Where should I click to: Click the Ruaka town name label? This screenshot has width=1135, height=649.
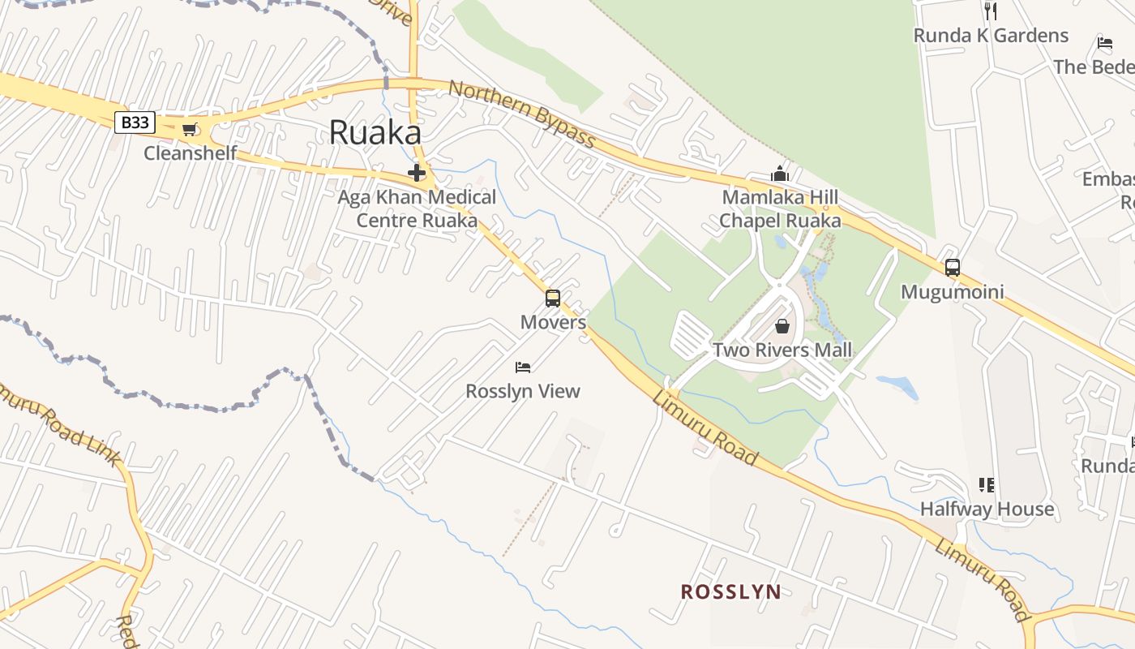pos(375,133)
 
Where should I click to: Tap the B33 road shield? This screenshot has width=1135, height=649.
pos(135,122)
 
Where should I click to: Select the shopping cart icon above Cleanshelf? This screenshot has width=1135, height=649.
pos(190,130)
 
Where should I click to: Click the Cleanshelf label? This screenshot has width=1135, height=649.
pos(191,153)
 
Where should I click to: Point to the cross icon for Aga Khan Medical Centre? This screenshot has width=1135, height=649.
pos(417,173)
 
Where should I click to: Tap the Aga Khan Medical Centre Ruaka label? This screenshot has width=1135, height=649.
pos(417,208)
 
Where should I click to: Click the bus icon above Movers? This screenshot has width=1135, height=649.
pos(553,299)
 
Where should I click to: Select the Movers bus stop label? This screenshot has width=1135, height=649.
pos(553,322)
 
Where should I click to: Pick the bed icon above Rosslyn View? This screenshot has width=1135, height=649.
pos(523,367)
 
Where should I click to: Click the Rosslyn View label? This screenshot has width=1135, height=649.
pos(523,391)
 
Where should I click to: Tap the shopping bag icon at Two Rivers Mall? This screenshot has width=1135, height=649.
pos(782,327)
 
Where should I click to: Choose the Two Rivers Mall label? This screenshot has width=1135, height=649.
pos(782,350)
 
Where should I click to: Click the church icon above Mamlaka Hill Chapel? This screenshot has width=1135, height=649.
pos(780,174)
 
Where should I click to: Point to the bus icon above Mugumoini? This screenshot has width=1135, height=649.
pos(953,268)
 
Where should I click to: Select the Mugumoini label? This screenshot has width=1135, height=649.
pos(953,292)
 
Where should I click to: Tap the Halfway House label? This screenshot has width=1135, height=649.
pos(987,509)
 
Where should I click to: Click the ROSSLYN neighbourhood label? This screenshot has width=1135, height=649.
pos(730,591)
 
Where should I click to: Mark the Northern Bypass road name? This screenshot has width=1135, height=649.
pos(523,114)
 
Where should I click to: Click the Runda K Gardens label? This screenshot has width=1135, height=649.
pos(991,36)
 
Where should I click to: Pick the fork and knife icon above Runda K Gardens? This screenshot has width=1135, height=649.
pos(990,11)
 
